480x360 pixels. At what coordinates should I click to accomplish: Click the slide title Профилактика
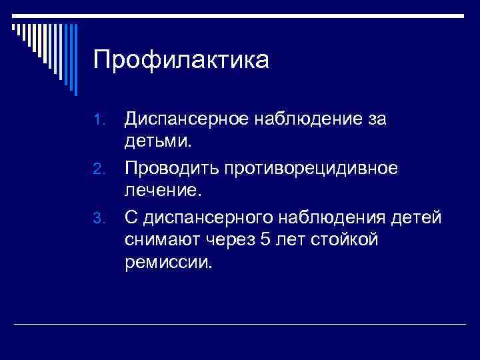coord(181,61)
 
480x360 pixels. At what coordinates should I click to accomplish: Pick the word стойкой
coord(344,239)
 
